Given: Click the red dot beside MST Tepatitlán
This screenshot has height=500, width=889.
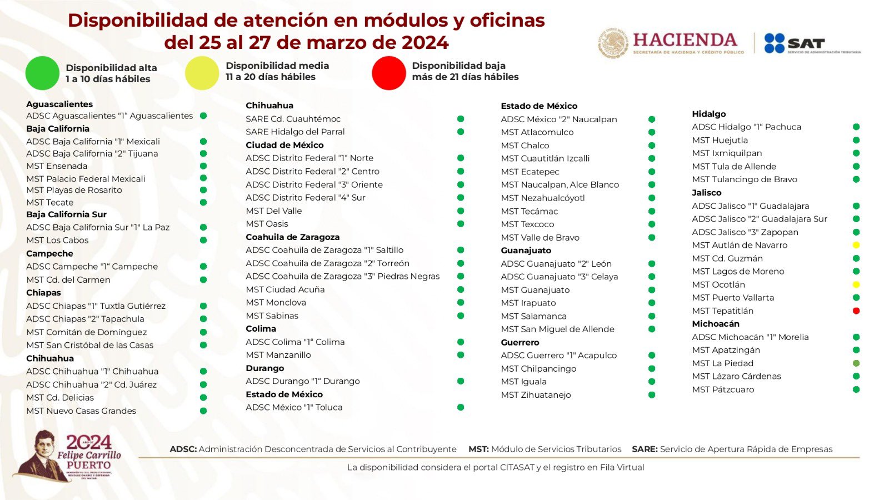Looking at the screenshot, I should click(856, 311).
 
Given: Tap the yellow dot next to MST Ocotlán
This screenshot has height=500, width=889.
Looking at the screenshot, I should click(856, 284).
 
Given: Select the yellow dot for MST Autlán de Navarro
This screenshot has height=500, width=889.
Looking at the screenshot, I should click(856, 245).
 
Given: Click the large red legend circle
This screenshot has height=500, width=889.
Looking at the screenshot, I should click(389, 73).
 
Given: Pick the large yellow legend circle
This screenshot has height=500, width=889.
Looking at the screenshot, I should click(202, 73).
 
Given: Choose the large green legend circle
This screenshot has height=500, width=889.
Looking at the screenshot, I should click(42, 73).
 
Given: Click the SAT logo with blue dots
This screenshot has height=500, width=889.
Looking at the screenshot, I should click(795, 43).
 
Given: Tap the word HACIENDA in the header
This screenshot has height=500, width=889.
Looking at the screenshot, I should click(685, 40).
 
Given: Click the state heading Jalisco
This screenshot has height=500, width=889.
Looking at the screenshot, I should click(707, 193).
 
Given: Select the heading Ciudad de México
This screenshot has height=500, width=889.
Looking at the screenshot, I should click(284, 145).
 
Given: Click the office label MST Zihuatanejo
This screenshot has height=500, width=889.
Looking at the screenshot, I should click(536, 395).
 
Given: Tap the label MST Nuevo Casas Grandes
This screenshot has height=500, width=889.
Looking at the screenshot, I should click(81, 411).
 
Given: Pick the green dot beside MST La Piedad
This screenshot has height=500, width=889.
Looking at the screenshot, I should click(856, 363).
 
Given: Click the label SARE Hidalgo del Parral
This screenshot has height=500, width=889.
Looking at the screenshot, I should click(295, 132).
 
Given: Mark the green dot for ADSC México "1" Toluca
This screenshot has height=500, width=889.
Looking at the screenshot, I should click(461, 407).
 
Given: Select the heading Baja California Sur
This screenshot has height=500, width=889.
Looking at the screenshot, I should click(66, 214).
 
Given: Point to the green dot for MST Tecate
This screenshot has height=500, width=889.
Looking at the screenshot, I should click(203, 202).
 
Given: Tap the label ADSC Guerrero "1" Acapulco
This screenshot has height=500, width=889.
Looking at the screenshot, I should click(558, 356).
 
